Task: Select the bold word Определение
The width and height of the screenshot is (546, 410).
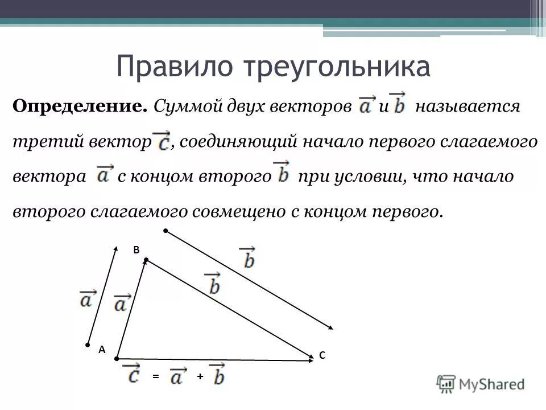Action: (80, 106)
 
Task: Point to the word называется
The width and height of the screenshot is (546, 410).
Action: (467, 106)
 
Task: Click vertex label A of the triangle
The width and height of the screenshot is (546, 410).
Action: (102, 351)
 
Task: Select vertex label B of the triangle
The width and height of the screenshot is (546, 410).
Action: (136, 249)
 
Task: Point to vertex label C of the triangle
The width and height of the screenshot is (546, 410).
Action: (322, 355)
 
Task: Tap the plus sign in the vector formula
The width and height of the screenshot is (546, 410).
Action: (200, 377)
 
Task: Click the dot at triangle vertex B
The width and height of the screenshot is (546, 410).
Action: (146, 260)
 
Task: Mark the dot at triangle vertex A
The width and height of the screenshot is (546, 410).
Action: (116, 359)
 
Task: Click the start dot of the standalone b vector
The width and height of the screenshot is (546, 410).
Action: (166, 231)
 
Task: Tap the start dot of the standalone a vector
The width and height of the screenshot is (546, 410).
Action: (88, 345)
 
